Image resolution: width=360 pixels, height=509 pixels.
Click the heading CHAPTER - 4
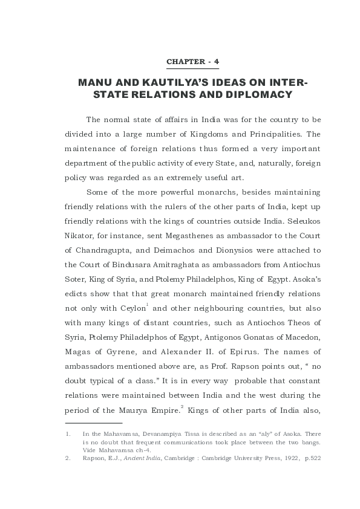tap(193, 62)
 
